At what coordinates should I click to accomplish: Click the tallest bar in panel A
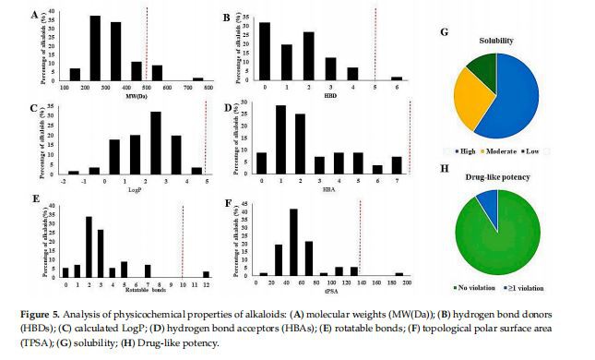(95, 48)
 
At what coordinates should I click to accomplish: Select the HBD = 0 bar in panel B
(266, 52)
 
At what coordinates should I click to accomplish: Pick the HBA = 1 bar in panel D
(280, 138)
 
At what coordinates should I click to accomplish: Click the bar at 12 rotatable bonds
(206, 273)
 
